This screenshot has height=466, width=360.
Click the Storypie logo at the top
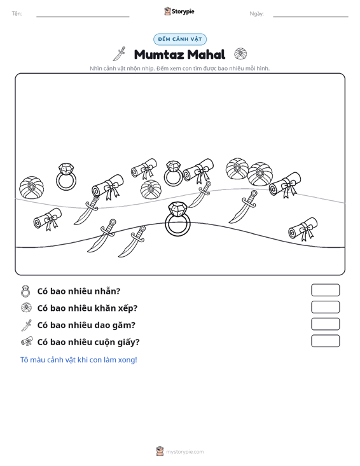[179, 11]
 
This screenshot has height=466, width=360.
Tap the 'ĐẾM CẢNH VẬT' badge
[180, 39]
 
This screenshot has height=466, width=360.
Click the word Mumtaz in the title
[159, 55]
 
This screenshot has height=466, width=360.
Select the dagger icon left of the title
[119, 54]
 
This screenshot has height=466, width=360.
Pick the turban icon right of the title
[240, 54]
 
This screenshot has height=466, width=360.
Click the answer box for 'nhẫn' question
[325, 290]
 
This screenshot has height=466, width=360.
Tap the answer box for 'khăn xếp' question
[325, 307]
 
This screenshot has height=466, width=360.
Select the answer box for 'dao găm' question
[325, 324]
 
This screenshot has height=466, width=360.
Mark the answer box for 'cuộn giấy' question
[325, 341]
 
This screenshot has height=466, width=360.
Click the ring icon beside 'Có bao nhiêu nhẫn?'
[25, 291]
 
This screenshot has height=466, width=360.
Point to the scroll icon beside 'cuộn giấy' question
[27, 341]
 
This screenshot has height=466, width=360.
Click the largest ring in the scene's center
[177, 228]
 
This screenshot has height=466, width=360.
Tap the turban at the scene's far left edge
[32, 188]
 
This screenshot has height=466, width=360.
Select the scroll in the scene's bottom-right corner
[303, 229]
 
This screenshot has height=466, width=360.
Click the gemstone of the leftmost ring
[66, 169]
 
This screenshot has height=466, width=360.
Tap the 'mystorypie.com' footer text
[185, 452]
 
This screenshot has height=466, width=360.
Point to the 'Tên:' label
[17, 14]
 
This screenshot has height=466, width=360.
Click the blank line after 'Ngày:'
[310, 17]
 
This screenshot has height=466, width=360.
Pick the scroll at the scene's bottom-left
[48, 219]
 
